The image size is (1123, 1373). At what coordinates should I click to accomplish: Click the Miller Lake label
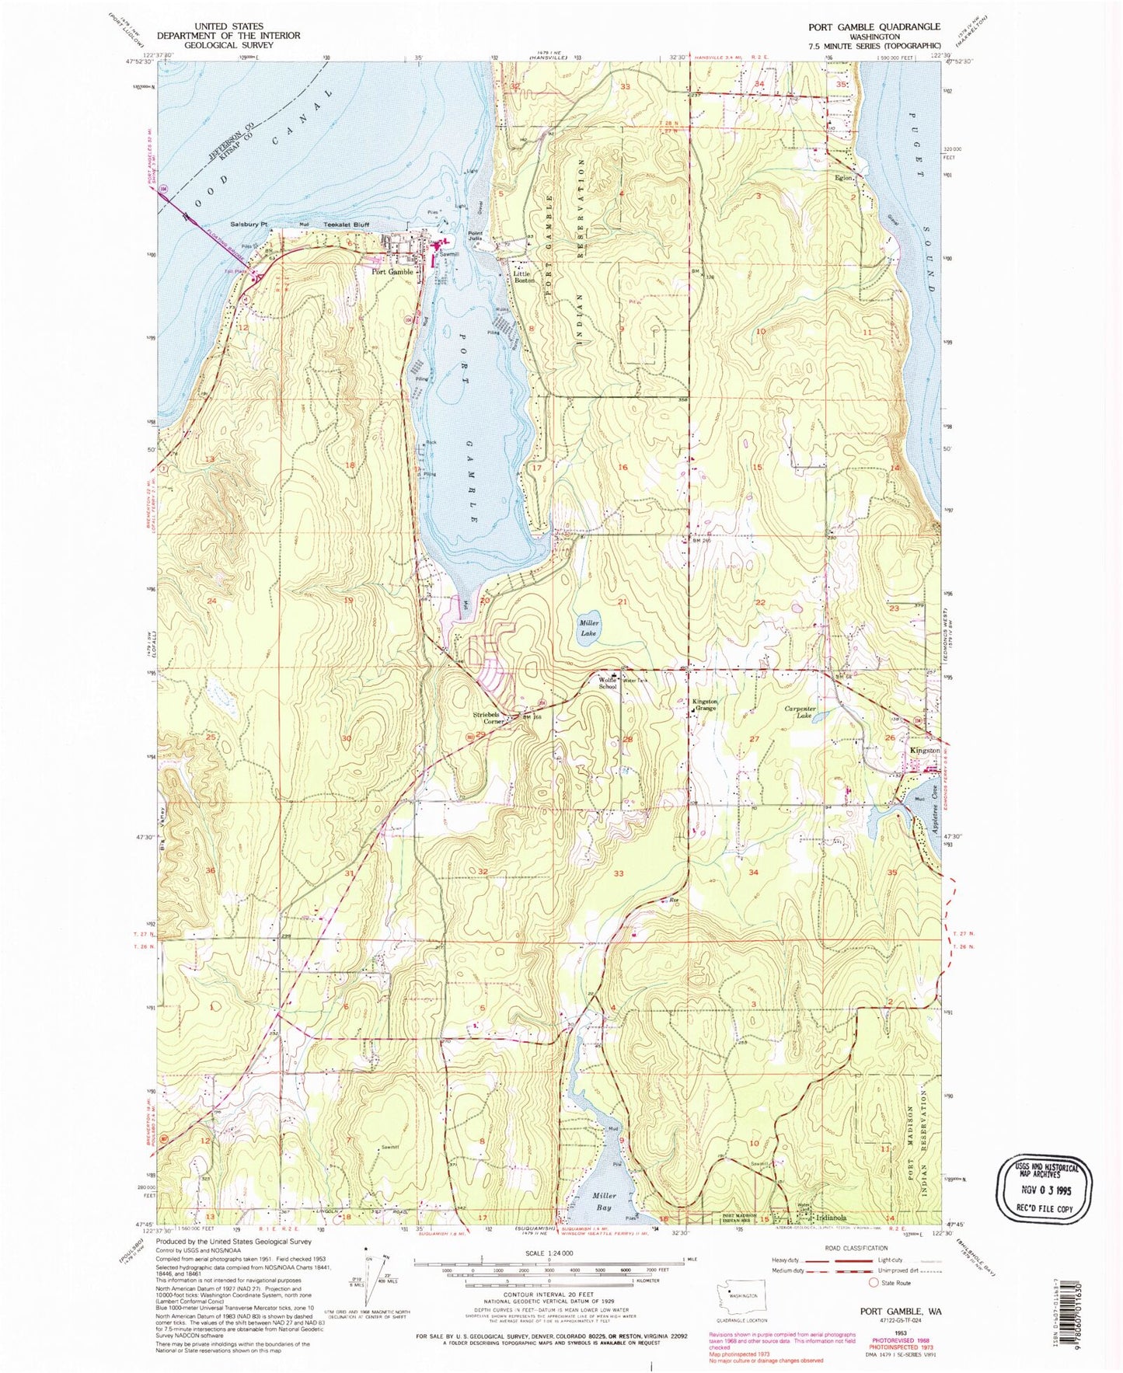pyautogui.click(x=588, y=628)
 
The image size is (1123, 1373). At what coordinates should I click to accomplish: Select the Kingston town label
pyautogui.click(x=925, y=751)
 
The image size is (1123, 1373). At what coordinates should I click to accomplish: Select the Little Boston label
pyautogui.click(x=524, y=277)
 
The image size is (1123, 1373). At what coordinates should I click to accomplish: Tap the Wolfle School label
pyautogui.click(x=609, y=683)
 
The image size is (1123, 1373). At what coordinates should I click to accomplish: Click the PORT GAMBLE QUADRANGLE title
pyautogui.click(x=874, y=26)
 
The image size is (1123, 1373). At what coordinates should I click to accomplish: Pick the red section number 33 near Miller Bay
pyautogui.click(x=619, y=873)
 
